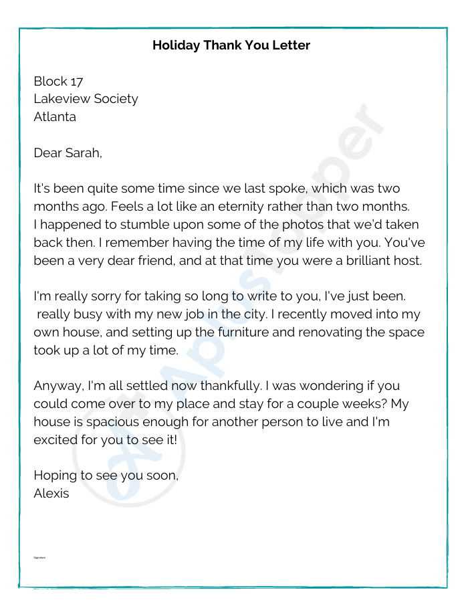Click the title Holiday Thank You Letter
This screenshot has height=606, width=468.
point(231,45)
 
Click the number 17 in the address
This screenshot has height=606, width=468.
point(77,82)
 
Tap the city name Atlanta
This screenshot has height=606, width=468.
point(55,117)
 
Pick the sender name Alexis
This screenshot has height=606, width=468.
point(51,495)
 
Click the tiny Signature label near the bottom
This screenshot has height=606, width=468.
point(39,557)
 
